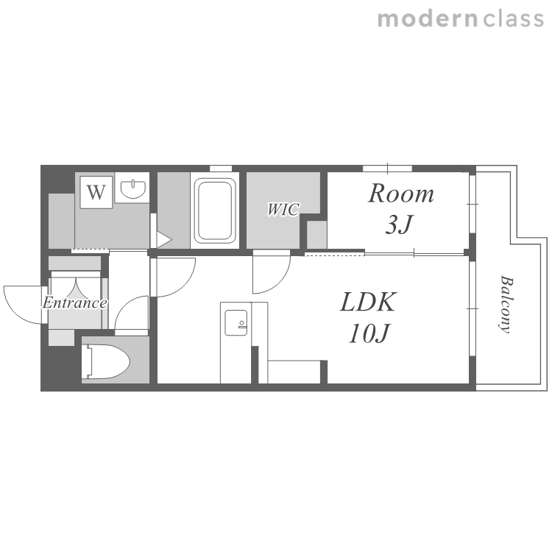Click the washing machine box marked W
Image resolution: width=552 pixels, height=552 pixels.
[96, 192]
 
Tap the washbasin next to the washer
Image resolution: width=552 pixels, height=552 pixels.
[132, 188]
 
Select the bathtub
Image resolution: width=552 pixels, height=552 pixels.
[215, 210]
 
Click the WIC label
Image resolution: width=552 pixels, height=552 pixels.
[283, 209]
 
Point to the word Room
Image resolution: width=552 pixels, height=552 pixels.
[401, 194]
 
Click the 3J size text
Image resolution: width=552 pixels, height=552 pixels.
[398, 224]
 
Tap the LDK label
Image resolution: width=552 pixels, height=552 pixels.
[368, 302]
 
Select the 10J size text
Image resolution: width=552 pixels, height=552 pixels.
[369, 333]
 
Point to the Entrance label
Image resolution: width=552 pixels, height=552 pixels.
[74, 302]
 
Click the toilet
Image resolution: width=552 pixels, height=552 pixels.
[106, 361]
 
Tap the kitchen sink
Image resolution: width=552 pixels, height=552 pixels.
[236, 322]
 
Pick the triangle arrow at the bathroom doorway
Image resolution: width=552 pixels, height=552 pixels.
[163, 240]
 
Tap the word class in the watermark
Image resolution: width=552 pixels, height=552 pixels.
[513, 19]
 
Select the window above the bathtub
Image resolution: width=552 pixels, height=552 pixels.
[221, 169]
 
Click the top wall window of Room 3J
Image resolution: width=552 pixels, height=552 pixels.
[387, 169]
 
